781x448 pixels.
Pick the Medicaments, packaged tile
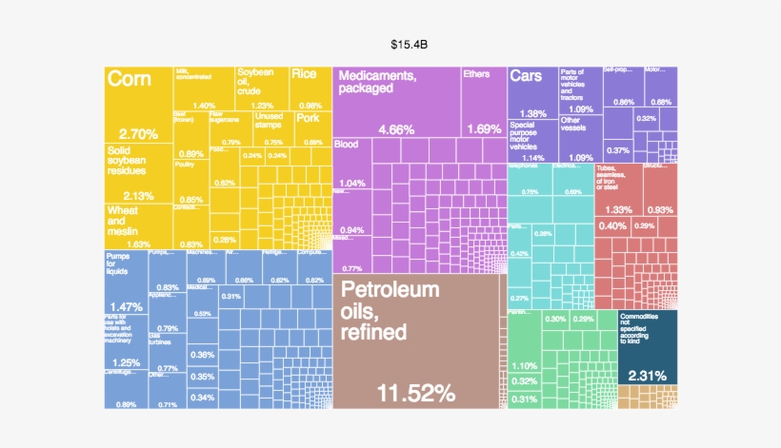[395, 100]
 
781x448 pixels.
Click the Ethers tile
[482, 100]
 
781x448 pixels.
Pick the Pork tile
[310, 128]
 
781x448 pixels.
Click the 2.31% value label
[646, 375]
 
